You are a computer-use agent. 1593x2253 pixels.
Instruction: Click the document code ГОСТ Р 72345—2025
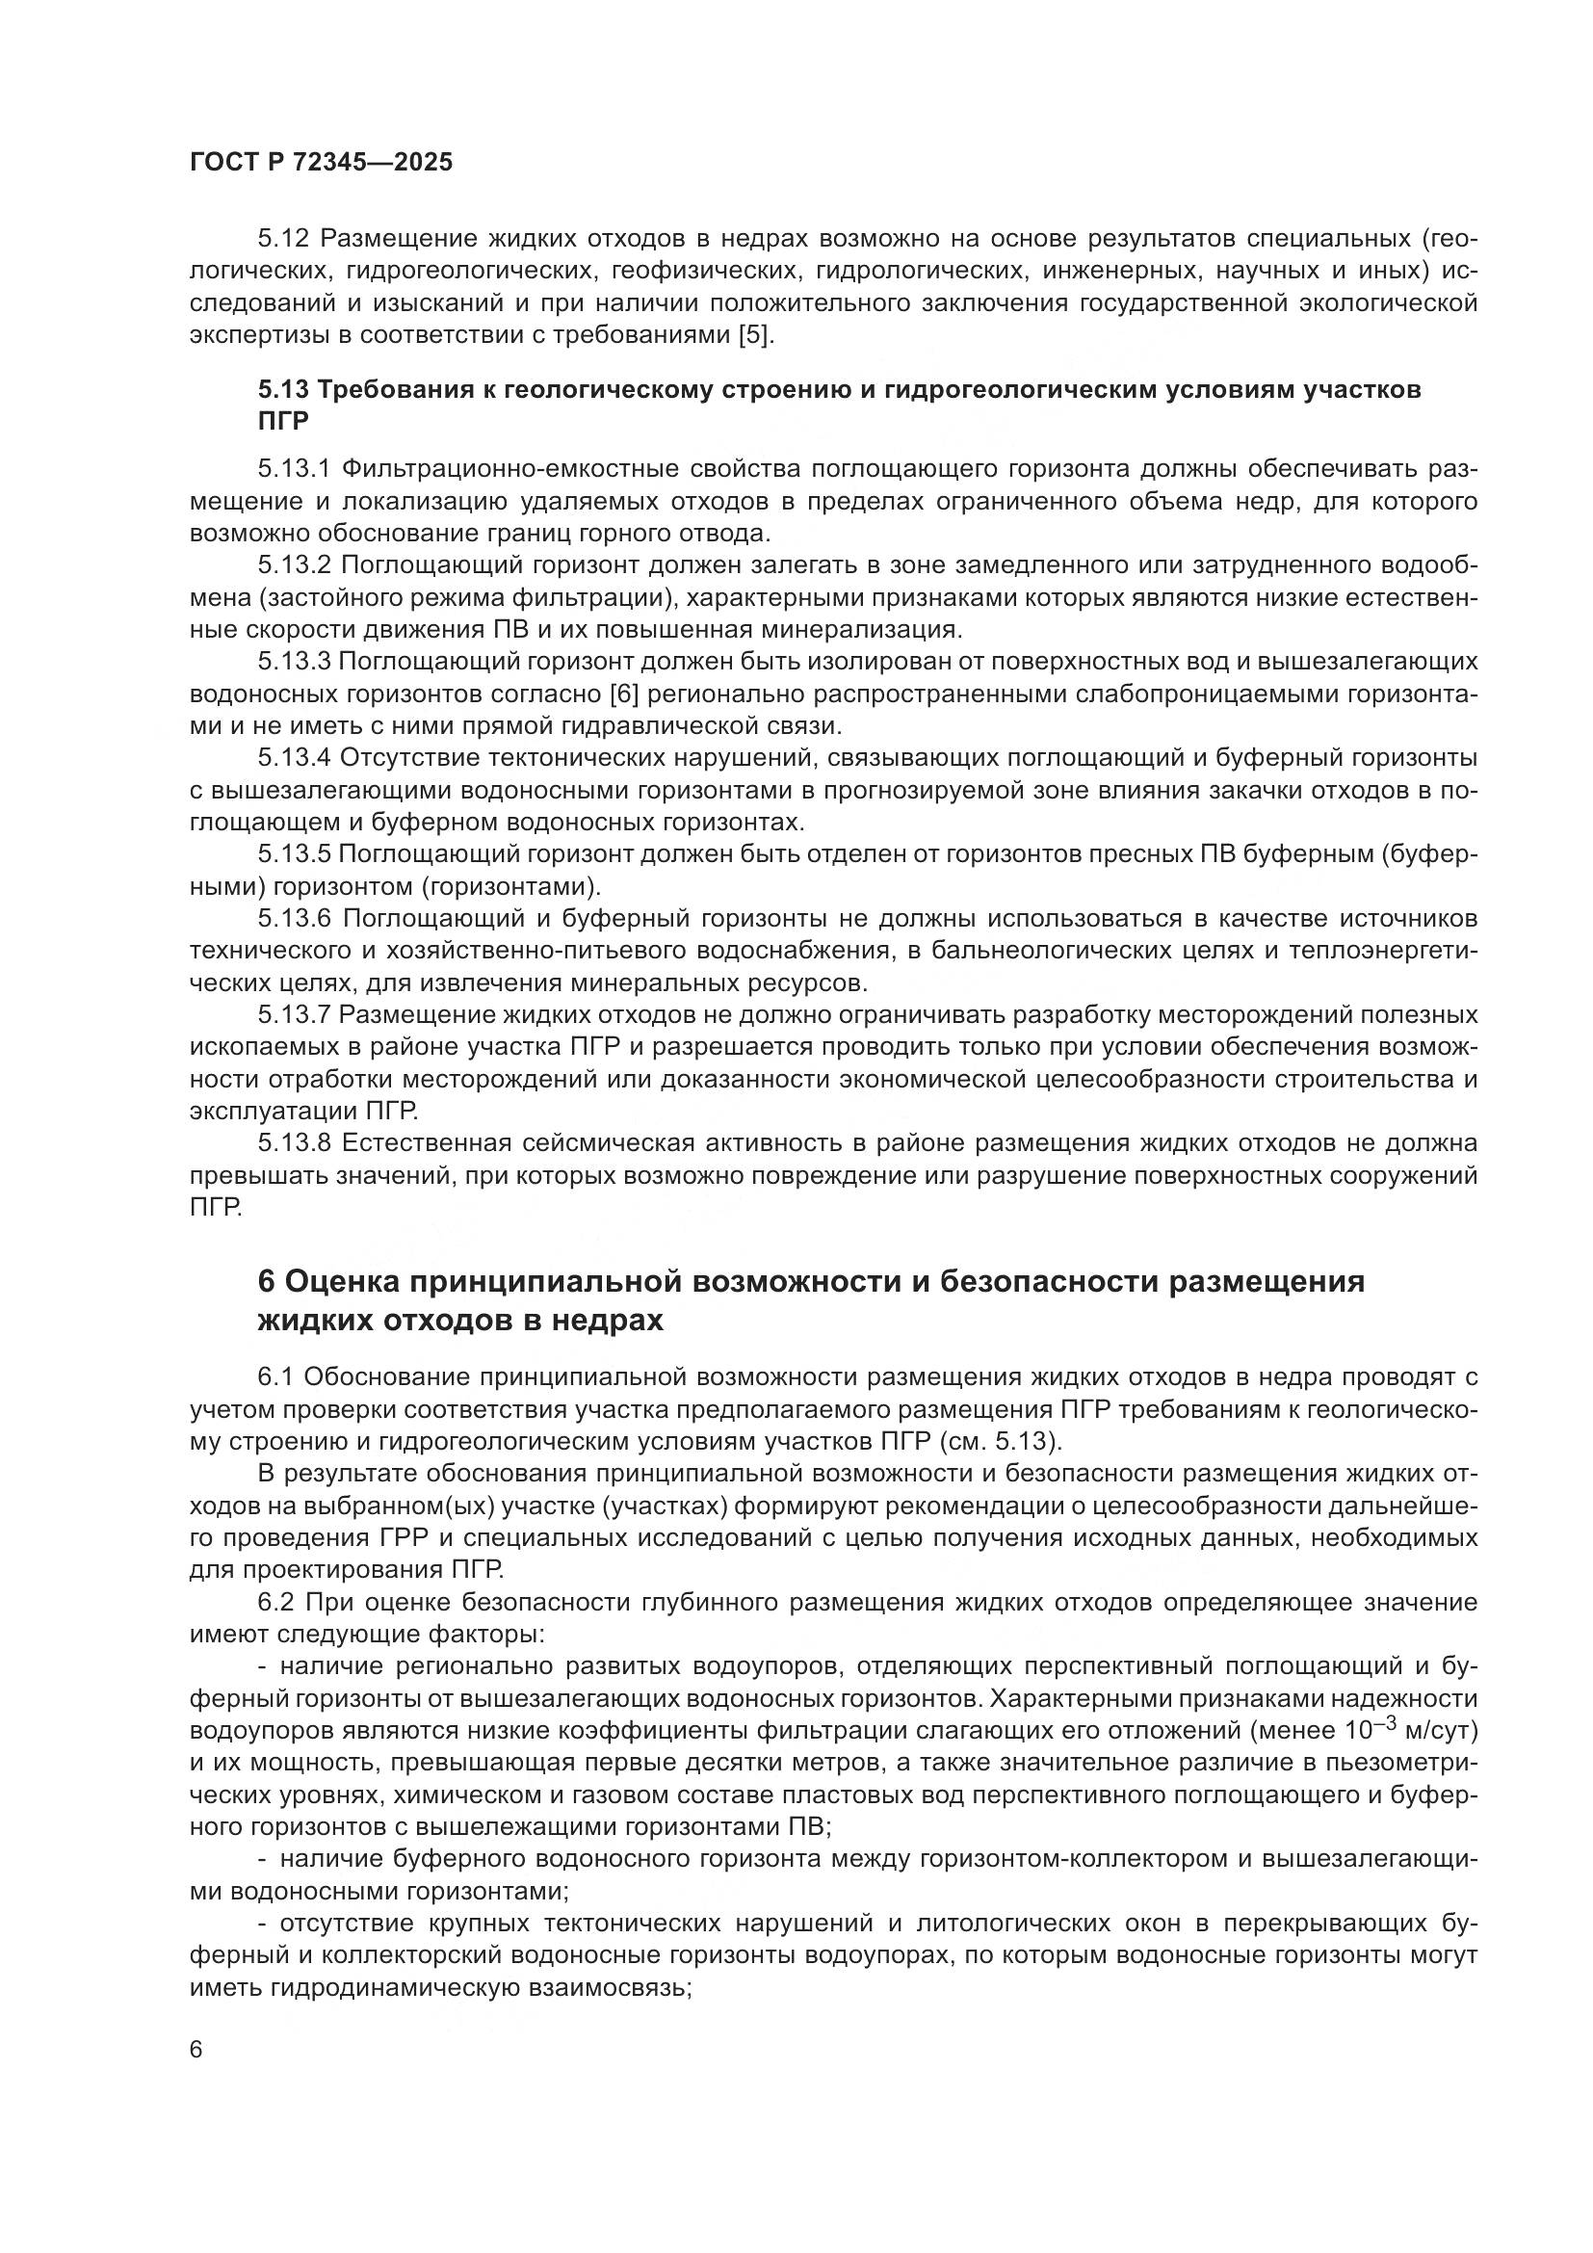point(322,163)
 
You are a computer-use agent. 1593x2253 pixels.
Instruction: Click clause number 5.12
point(285,240)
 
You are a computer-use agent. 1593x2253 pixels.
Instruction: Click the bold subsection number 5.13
point(284,389)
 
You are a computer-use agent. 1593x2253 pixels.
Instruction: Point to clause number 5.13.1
point(296,470)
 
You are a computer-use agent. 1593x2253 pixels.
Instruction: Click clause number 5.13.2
point(296,565)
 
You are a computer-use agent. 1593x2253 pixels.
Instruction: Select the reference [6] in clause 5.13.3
point(624,694)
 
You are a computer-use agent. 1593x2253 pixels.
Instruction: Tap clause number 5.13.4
point(296,758)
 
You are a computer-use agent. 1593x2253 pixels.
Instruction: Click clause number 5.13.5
point(296,854)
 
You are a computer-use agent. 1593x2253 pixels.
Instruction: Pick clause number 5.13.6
point(296,919)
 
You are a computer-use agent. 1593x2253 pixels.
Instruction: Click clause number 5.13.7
point(296,1014)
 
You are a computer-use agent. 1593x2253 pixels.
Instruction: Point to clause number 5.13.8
point(296,1143)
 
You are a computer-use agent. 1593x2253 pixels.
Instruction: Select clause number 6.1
point(275,1377)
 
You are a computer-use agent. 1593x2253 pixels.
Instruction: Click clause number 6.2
point(275,1604)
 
